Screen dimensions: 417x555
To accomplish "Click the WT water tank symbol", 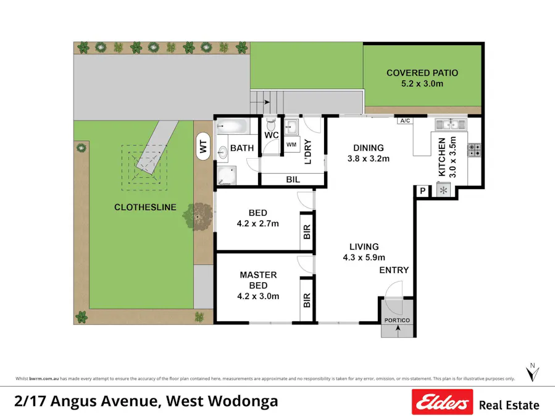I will coord(202,147).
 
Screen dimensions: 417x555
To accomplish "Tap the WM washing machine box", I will coord(291,145).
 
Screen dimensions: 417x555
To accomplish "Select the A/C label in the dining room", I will coord(405,121).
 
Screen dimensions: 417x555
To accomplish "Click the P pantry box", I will coord(423,191).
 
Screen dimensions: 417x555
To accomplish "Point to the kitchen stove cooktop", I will coord(475,149).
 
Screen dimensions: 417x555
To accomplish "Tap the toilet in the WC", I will coord(270,123).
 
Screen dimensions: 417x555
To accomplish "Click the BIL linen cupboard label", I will coord(293,180).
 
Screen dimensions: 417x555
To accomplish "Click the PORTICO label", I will coord(397,320).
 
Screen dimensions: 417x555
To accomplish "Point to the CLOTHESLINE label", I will coord(145,208).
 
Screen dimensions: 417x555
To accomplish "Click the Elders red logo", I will coord(442,402).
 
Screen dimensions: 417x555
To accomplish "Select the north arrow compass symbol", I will coord(531,373).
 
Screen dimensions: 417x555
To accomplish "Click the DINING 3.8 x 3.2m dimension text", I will coord(369,159).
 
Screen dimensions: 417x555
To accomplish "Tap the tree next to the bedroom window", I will coord(200,217).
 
